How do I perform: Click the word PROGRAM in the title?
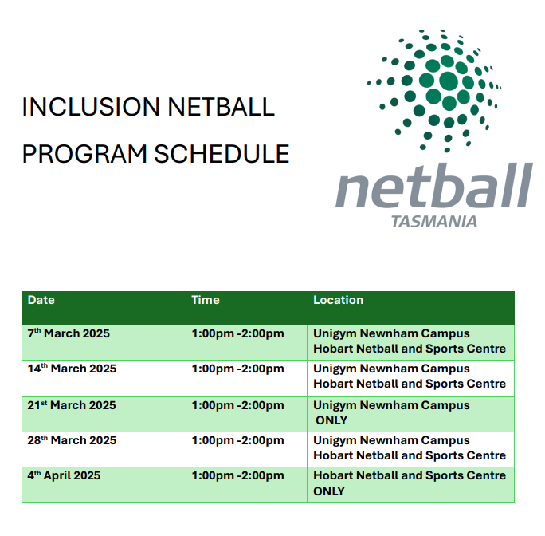pos(84,153)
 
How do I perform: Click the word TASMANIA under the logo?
pos(434,221)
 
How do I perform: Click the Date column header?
pos(41,301)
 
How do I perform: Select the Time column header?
pos(205,301)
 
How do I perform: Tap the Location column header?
pos(338,301)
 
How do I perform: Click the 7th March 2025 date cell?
pos(69,333)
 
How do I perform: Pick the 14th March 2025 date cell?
pos(72,368)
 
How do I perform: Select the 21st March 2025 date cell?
pos(72,405)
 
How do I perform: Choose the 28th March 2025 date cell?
pos(72,440)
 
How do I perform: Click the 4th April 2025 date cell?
pos(64,475)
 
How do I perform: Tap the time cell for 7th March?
pos(237,333)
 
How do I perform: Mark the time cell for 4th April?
pos(237,475)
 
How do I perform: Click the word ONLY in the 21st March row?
pos(331,420)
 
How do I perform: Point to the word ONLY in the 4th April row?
pos(329,491)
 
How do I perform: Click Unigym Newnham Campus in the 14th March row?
pos(391,368)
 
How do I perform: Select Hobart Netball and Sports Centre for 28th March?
pos(410,455)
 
